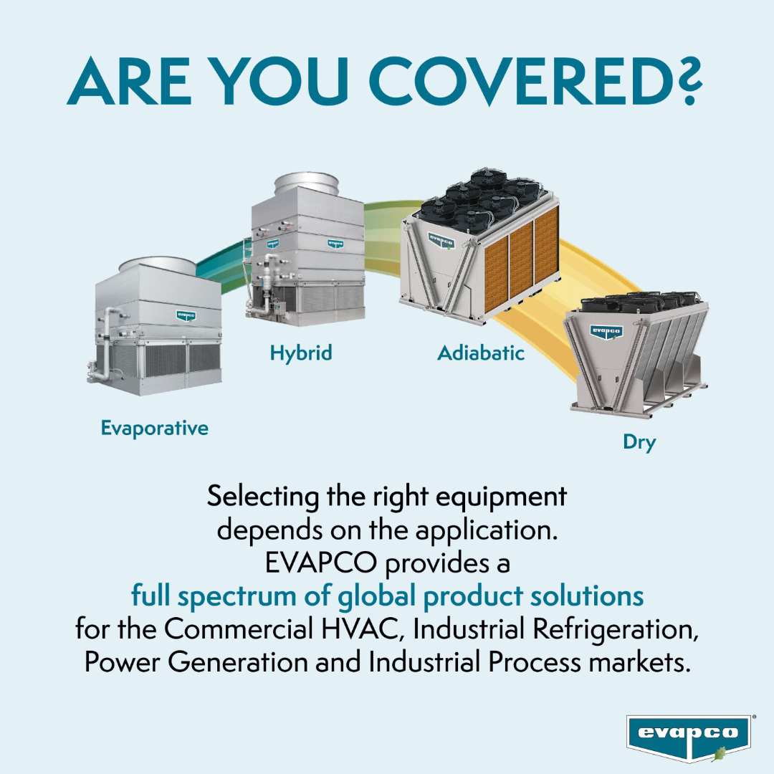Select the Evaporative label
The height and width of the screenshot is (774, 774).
(x=154, y=429)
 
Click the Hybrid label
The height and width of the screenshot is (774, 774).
(x=301, y=353)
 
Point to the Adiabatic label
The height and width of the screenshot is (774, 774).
(x=481, y=353)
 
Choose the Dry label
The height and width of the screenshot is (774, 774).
(x=639, y=442)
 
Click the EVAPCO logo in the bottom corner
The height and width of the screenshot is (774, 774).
(x=688, y=735)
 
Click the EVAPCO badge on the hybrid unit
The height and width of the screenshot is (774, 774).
(x=335, y=243)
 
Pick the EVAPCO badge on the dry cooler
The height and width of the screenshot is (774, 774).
(x=606, y=331)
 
